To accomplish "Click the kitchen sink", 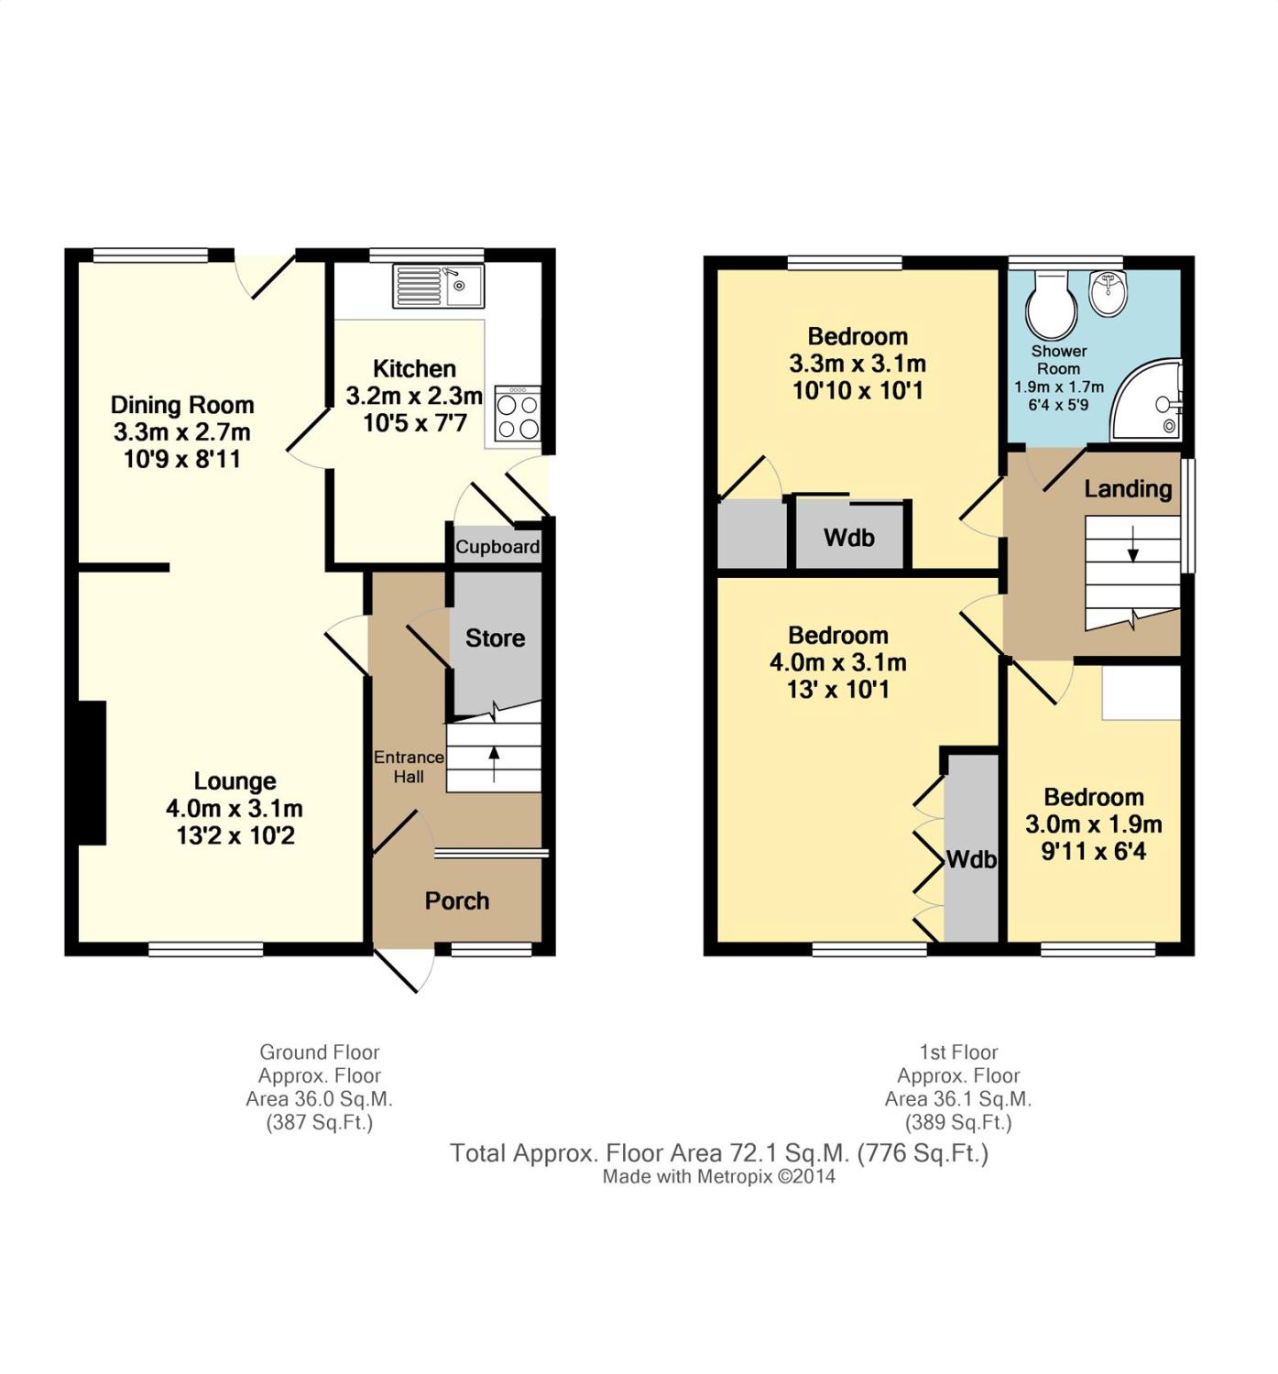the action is coord(438,286).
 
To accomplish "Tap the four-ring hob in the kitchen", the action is coord(519,414).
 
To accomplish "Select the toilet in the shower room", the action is coord(1051,306).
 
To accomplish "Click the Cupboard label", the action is coord(497,547).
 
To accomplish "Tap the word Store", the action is coord(495,638).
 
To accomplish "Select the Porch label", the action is coord(456,900).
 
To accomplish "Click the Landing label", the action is coord(1127,489).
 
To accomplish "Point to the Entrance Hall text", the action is coord(409,767).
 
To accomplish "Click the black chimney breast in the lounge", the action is coord(92,773).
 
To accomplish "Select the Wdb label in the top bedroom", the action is coord(849,538).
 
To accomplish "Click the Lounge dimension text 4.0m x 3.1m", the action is coord(235,808).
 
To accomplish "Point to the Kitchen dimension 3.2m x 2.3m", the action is coord(414,396).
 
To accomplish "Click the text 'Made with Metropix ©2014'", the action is coord(719,1176).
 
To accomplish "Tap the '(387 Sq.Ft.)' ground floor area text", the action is coord(320,1122).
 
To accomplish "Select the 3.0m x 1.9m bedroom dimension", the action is coord(1093,824).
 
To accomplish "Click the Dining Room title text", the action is coord(182,405).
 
